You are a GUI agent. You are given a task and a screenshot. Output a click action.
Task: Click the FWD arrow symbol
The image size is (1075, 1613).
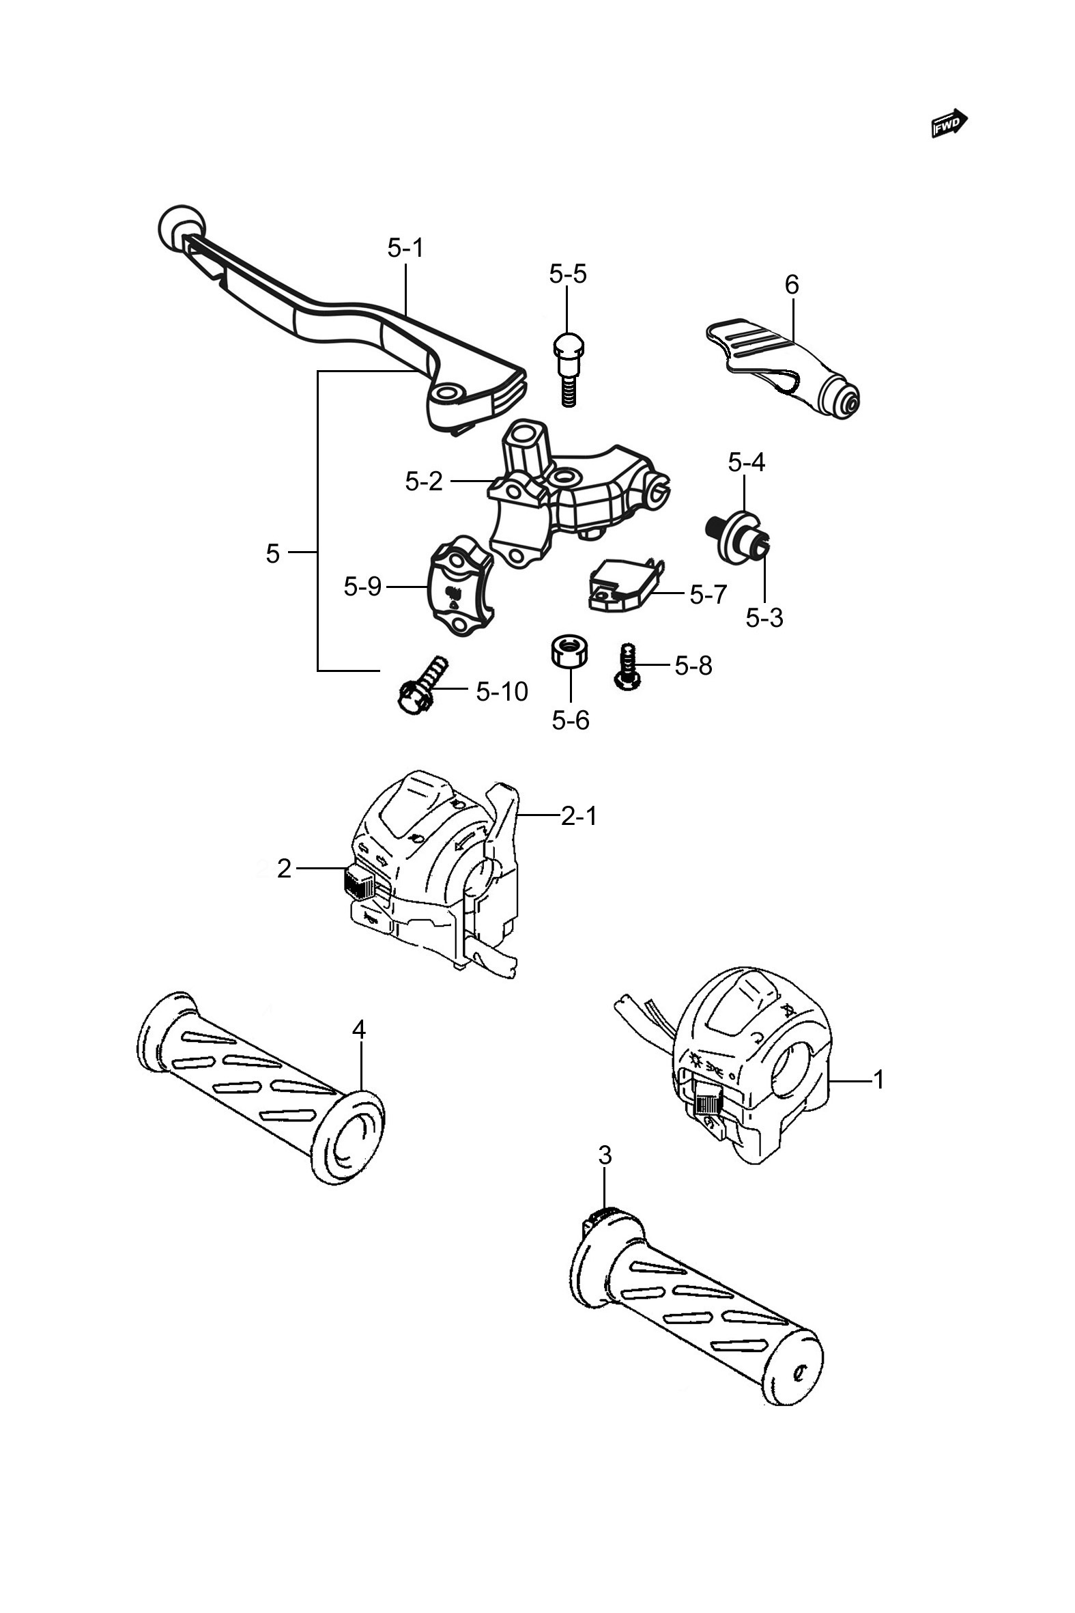click(x=949, y=124)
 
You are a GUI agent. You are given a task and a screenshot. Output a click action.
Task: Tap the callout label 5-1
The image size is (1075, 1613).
click(x=406, y=248)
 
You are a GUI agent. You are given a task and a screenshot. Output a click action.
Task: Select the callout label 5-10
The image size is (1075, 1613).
click(x=502, y=692)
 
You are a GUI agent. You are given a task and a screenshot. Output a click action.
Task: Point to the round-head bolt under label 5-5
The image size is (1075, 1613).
click(x=567, y=369)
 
